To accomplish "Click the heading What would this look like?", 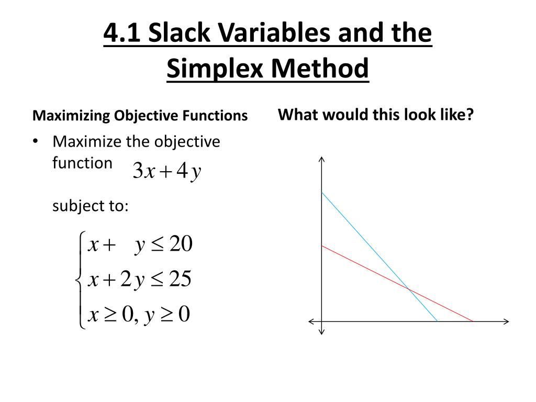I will pos(375,114).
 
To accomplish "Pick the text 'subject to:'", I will pos(90,206).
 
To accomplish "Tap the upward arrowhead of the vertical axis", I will pos(322,159).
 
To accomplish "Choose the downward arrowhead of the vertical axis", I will pos(322,331).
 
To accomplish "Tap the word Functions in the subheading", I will pos(216,116).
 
